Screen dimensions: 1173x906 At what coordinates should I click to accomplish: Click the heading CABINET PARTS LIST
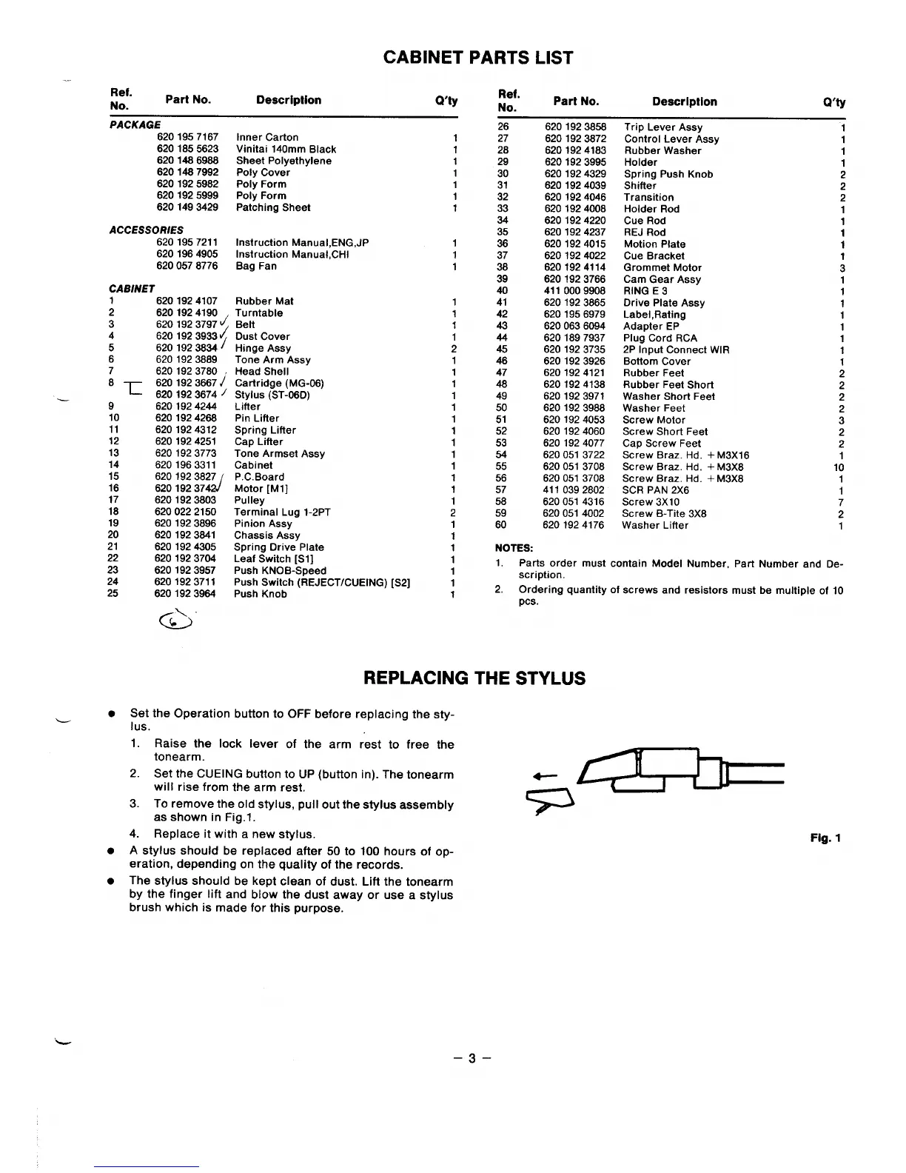(477, 58)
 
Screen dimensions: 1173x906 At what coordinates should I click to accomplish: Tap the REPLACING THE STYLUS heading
(474, 678)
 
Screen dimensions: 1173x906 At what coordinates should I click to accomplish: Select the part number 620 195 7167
(187, 137)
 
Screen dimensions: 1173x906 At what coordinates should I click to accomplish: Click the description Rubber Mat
(264, 301)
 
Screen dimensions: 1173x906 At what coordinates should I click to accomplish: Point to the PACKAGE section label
(135, 125)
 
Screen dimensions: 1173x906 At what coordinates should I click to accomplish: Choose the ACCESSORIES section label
(146, 230)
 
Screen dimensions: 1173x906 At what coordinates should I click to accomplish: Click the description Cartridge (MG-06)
(279, 384)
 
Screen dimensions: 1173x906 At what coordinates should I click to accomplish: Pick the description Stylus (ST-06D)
(272, 395)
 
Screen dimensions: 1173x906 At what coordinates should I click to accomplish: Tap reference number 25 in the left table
(113, 594)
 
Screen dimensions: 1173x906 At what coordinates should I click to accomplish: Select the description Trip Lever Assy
(663, 127)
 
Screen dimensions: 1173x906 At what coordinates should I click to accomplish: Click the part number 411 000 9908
(574, 291)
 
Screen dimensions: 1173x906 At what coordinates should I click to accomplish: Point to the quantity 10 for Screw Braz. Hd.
(839, 467)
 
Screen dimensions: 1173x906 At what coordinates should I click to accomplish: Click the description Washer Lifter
(655, 526)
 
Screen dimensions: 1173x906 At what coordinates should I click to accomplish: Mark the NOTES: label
(514, 548)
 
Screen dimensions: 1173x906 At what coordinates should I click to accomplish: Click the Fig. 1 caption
(826, 838)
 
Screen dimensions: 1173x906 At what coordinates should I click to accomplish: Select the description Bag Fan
(256, 267)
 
